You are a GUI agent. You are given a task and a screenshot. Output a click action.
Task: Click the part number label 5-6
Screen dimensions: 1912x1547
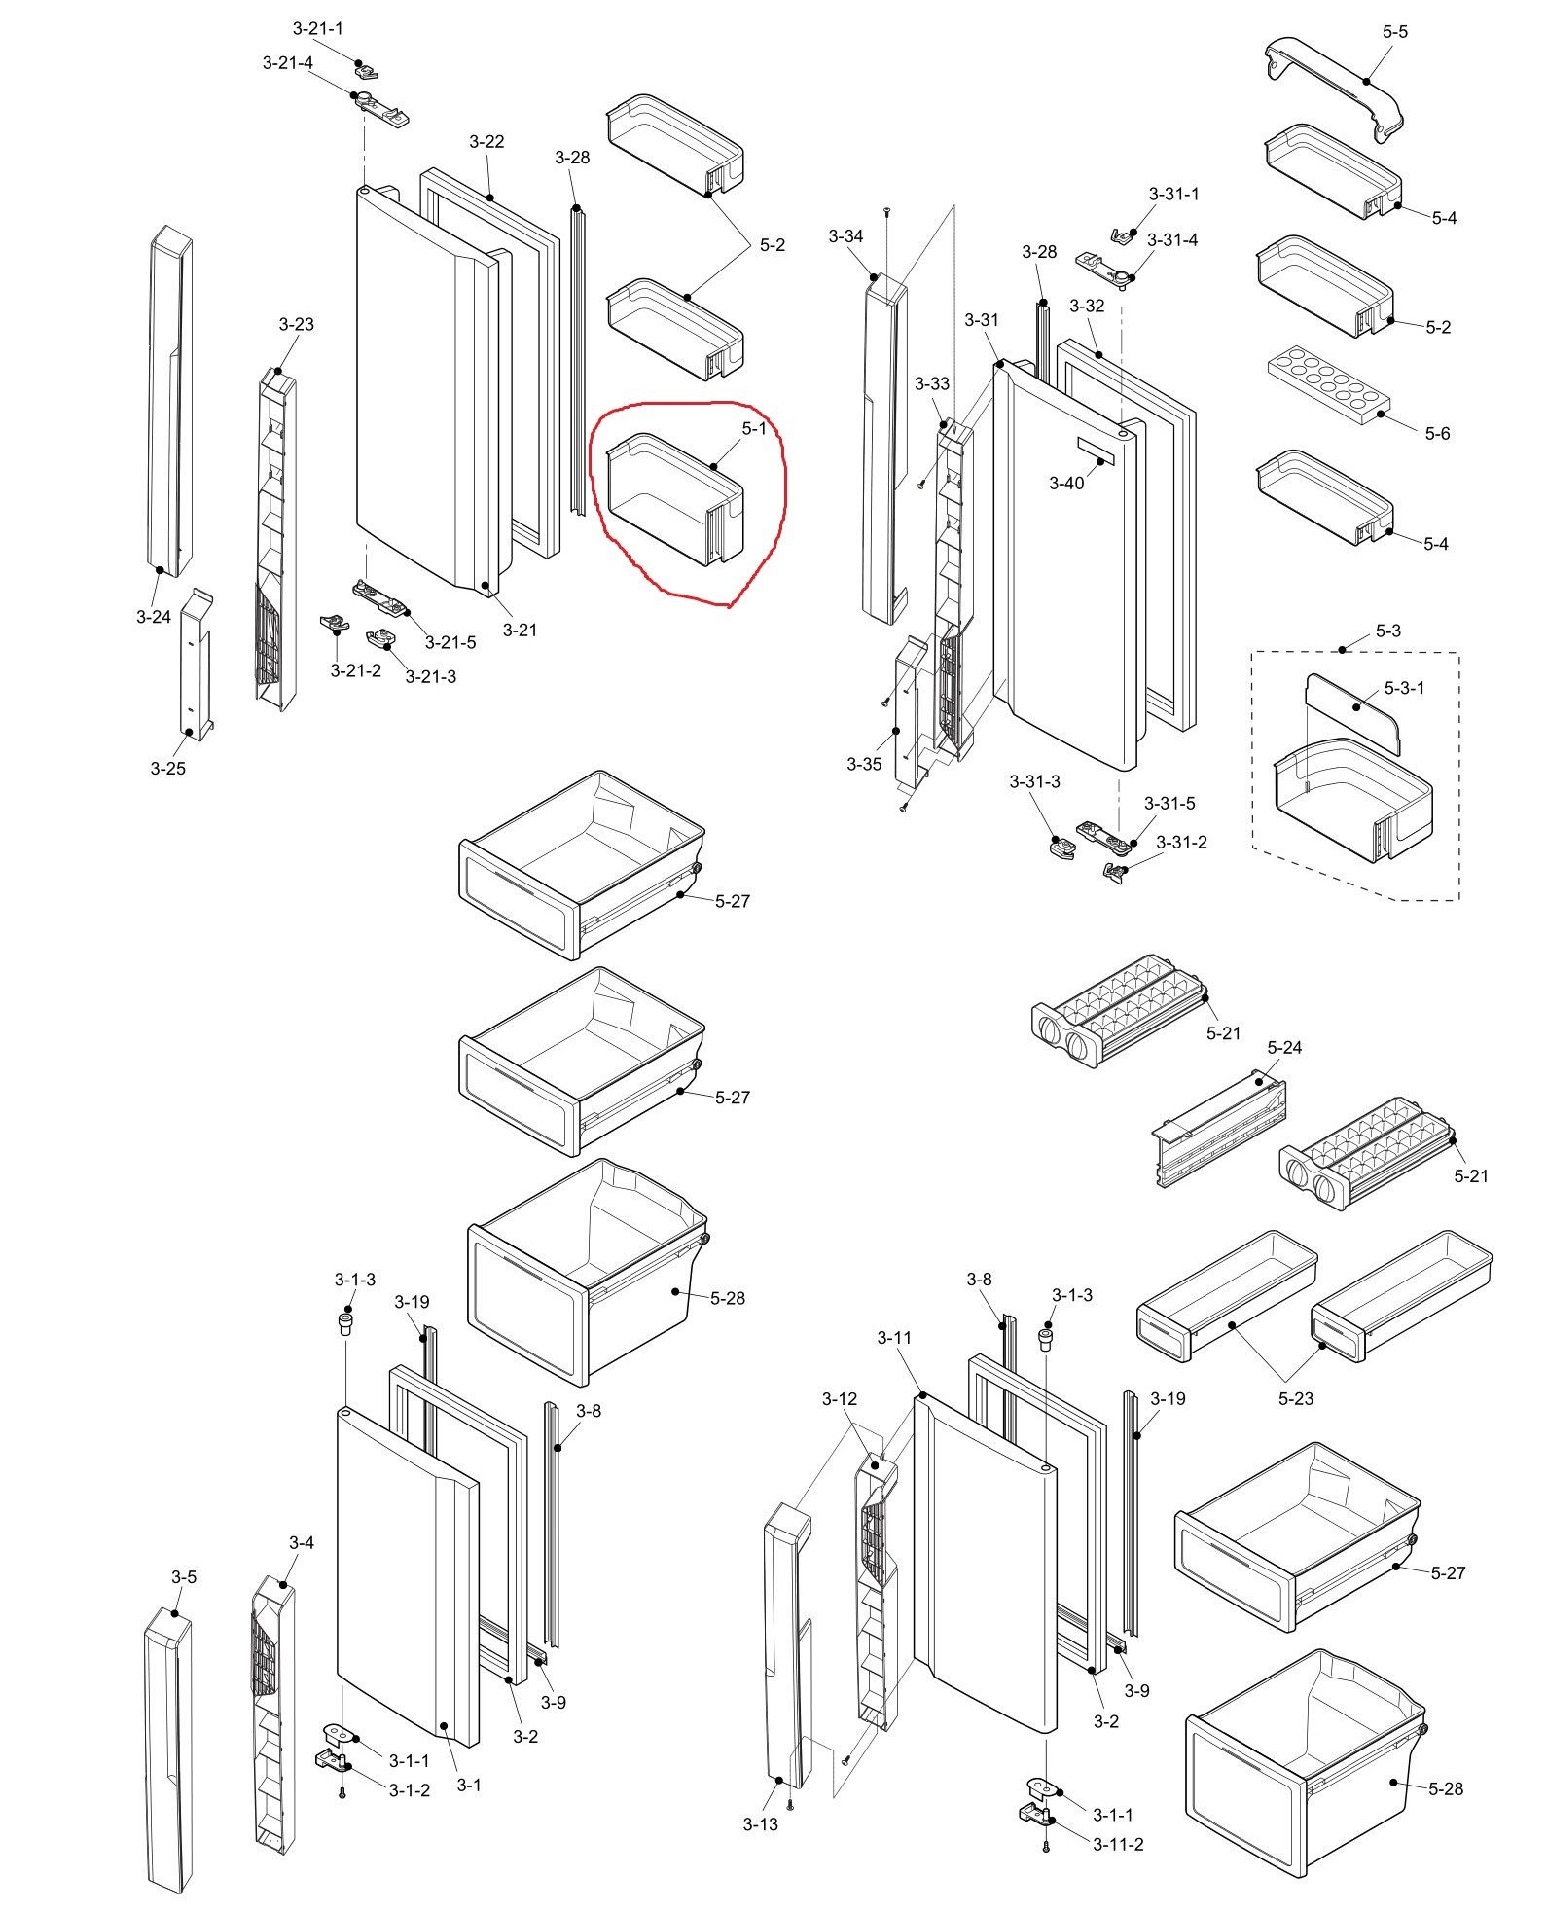point(1437,433)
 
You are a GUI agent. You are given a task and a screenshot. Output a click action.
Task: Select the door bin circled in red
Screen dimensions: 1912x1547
point(674,497)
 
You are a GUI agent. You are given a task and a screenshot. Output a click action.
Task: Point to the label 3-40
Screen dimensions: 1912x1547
point(1066,483)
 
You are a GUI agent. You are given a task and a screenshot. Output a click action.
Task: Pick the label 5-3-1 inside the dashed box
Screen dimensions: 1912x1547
point(1404,688)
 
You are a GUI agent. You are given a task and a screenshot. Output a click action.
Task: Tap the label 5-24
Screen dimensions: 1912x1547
point(1284,1047)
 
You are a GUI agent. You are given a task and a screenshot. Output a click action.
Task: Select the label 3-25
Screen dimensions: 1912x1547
point(167,768)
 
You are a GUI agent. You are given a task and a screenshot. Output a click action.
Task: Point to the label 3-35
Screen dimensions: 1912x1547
point(864,764)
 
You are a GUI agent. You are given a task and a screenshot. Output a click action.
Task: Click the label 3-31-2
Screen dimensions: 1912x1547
point(1181,842)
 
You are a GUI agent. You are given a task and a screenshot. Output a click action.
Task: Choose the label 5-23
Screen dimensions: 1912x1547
point(1296,1398)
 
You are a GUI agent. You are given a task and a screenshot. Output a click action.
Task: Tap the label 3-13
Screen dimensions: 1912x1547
point(761,1824)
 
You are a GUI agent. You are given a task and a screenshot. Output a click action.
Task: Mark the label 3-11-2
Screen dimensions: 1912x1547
point(1118,1844)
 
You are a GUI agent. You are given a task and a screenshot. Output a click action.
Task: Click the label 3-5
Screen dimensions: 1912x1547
point(184,1577)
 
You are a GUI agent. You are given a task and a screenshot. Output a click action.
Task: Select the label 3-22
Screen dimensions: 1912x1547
point(486,141)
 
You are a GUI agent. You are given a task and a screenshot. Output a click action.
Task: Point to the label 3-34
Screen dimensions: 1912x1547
point(845,236)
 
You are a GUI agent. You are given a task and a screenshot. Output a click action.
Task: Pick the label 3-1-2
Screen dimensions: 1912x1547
point(409,1789)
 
